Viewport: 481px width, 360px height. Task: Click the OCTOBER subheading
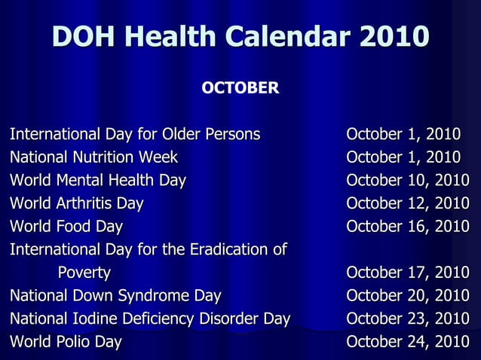pyautogui.click(x=240, y=88)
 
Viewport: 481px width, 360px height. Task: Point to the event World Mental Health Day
pyautogui.click(x=97, y=181)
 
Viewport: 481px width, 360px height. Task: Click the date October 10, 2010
pyautogui.click(x=407, y=181)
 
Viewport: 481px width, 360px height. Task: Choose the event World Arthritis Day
pyautogui.click(x=76, y=203)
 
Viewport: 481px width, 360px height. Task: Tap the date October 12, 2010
pyautogui.click(x=407, y=203)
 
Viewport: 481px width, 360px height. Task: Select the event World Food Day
pyautogui.click(x=66, y=227)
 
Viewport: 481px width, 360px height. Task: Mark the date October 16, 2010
pyautogui.click(x=407, y=227)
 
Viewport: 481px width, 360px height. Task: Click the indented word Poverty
pyautogui.click(x=84, y=273)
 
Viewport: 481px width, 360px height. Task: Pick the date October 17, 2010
pyautogui.click(x=407, y=273)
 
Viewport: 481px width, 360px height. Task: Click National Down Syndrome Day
pyautogui.click(x=115, y=295)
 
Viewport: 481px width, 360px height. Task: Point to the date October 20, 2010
pyautogui.click(x=407, y=295)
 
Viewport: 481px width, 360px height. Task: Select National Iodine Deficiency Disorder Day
pyautogui.click(x=149, y=319)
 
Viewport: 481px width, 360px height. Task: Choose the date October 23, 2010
pyautogui.click(x=407, y=319)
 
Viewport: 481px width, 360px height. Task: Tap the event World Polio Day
pyautogui.click(x=65, y=342)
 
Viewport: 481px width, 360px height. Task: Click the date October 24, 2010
pyautogui.click(x=407, y=342)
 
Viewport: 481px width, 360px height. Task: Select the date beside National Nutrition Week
pyautogui.click(x=403, y=157)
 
